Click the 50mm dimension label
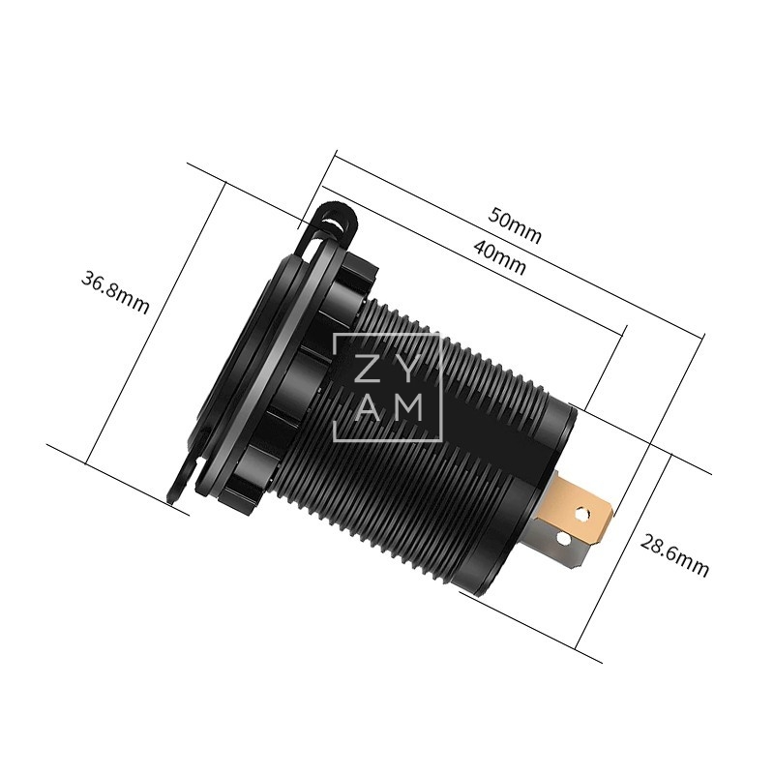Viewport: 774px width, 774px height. tap(515, 225)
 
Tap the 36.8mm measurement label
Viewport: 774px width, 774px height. tap(115, 292)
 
